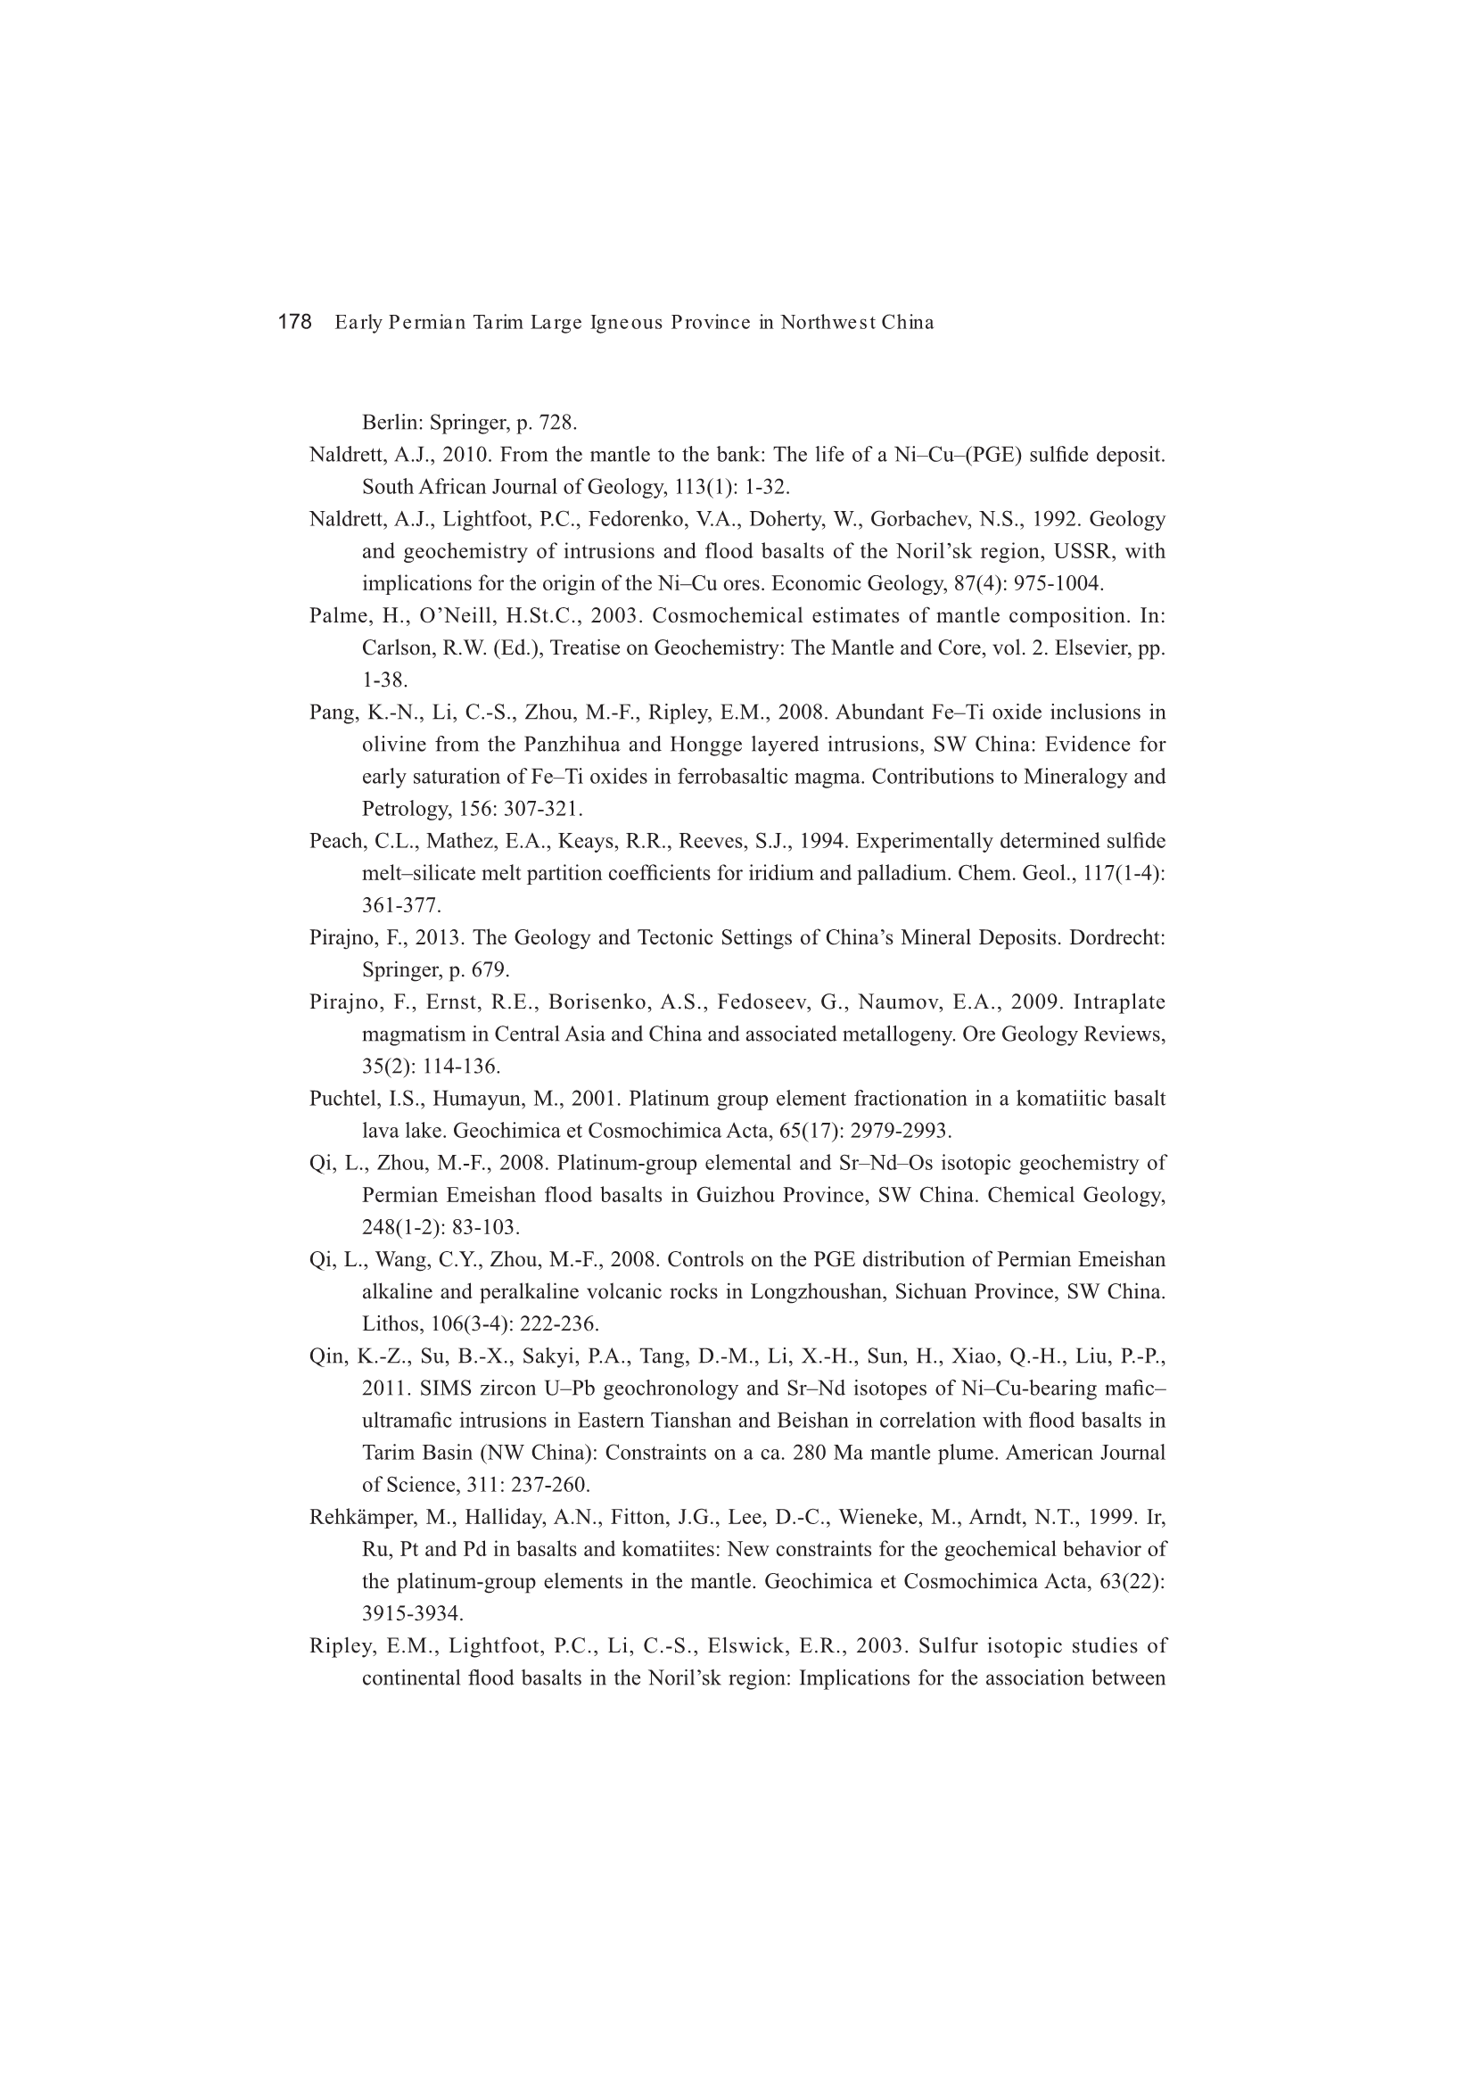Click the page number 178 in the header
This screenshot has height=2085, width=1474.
pyautogui.click(x=294, y=322)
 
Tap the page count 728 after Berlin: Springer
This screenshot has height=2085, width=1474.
pyautogui.click(x=557, y=423)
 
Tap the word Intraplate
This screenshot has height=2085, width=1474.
pyautogui.click(x=1119, y=1001)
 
